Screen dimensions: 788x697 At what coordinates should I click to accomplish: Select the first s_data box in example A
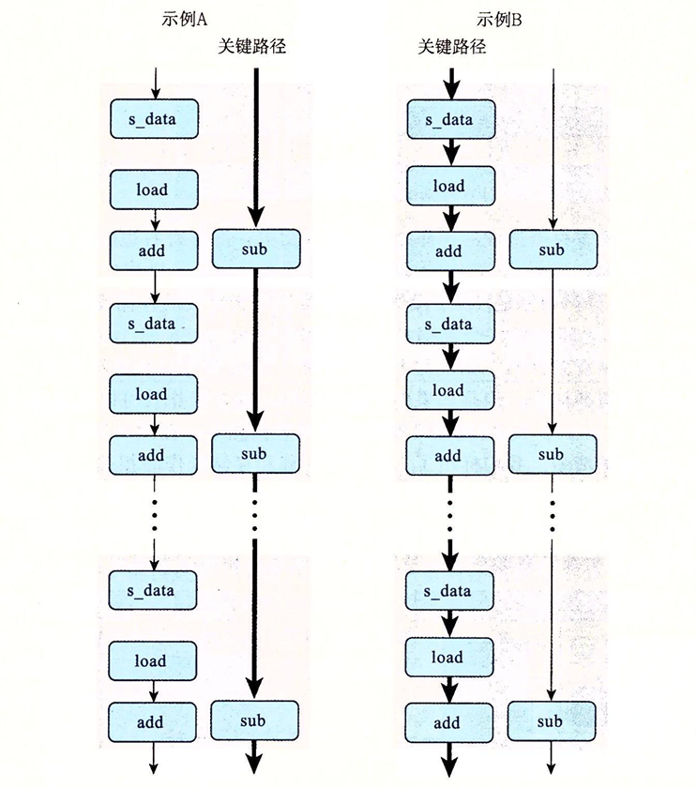(154, 119)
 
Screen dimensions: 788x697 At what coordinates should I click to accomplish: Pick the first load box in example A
(154, 189)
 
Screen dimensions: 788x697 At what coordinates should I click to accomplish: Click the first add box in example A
(154, 250)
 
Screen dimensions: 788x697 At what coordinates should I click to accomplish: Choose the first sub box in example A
(254, 249)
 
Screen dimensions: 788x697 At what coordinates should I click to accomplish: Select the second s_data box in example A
(154, 324)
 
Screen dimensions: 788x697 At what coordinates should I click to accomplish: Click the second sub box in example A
(254, 453)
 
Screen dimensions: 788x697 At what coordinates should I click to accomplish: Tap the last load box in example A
(154, 661)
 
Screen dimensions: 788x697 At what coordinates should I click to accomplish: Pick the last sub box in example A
(254, 720)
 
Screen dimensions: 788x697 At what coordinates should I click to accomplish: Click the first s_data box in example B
(449, 119)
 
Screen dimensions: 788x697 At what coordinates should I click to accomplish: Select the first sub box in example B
(552, 250)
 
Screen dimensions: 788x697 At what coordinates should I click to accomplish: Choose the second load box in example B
(449, 390)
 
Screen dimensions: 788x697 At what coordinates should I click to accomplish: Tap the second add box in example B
(449, 456)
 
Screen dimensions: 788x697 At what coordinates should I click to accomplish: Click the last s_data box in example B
(449, 591)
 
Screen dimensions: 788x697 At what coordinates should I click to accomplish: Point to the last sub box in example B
(552, 721)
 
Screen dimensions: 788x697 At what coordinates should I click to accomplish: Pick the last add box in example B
(449, 723)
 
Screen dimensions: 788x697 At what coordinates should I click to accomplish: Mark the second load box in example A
(154, 394)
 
